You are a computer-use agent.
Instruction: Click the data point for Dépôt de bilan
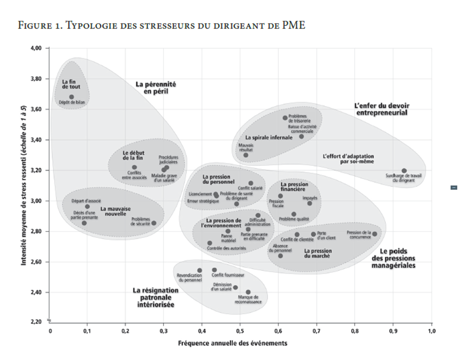(x=72, y=97)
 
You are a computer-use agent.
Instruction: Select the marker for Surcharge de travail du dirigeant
(x=404, y=170)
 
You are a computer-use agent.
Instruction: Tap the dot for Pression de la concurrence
(x=374, y=234)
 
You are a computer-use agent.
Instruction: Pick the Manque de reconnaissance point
(x=248, y=292)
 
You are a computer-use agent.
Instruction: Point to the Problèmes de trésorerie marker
(x=285, y=118)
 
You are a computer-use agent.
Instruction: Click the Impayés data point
(x=310, y=203)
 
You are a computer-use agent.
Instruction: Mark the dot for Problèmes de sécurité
(x=153, y=223)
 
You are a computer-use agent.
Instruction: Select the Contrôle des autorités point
(x=210, y=243)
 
